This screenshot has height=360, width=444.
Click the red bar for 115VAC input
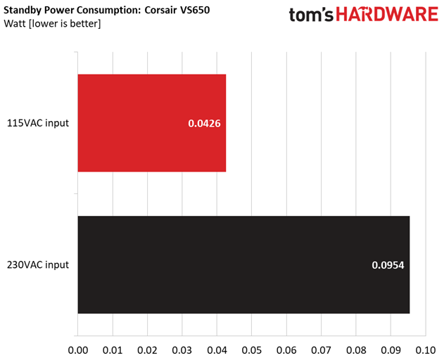[152, 123]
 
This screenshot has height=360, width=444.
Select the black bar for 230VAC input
[243, 264]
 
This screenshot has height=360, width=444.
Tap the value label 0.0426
[204, 123]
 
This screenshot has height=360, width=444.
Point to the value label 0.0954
[388, 265]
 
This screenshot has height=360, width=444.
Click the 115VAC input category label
[38, 123]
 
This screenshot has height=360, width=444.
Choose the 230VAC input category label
[38, 265]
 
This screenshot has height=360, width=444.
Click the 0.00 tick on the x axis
[78, 350]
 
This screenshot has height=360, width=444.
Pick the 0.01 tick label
[113, 350]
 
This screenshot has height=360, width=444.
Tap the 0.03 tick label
[182, 350]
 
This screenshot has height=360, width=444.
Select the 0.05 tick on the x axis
[252, 350]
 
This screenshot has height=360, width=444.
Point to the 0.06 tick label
[286, 350]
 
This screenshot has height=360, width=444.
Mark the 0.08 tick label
[356, 350]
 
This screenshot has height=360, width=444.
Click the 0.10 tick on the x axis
[426, 350]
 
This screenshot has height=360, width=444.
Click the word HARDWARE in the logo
[387, 15]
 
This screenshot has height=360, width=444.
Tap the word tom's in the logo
[311, 15]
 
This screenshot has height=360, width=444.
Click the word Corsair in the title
[160, 10]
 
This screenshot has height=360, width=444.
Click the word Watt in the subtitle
[15, 23]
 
